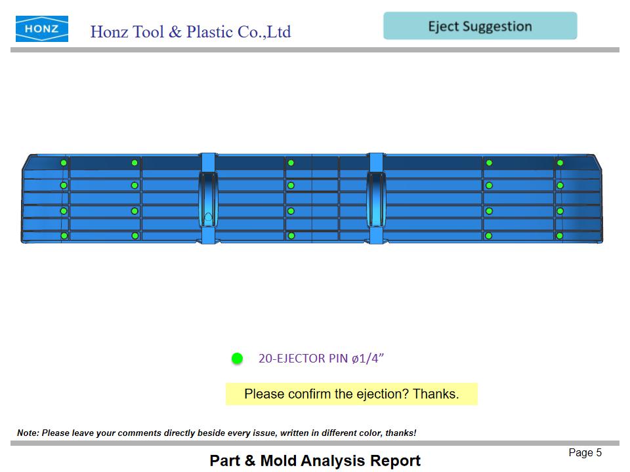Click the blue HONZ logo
(42, 29)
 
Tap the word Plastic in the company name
(210, 32)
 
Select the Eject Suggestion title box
(480, 26)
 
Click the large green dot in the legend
(237, 359)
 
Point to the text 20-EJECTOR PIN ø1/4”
(321, 358)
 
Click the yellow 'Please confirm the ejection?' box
(352, 394)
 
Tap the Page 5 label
(585, 453)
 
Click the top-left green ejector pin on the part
(64, 163)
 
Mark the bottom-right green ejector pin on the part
(560, 236)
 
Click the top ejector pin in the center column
(291, 163)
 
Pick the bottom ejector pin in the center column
(291, 236)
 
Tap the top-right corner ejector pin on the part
(560, 163)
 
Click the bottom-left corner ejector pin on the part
(64, 236)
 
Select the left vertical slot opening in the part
(208, 199)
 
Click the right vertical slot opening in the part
(376, 199)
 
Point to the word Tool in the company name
(148, 32)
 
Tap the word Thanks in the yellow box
(436, 394)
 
